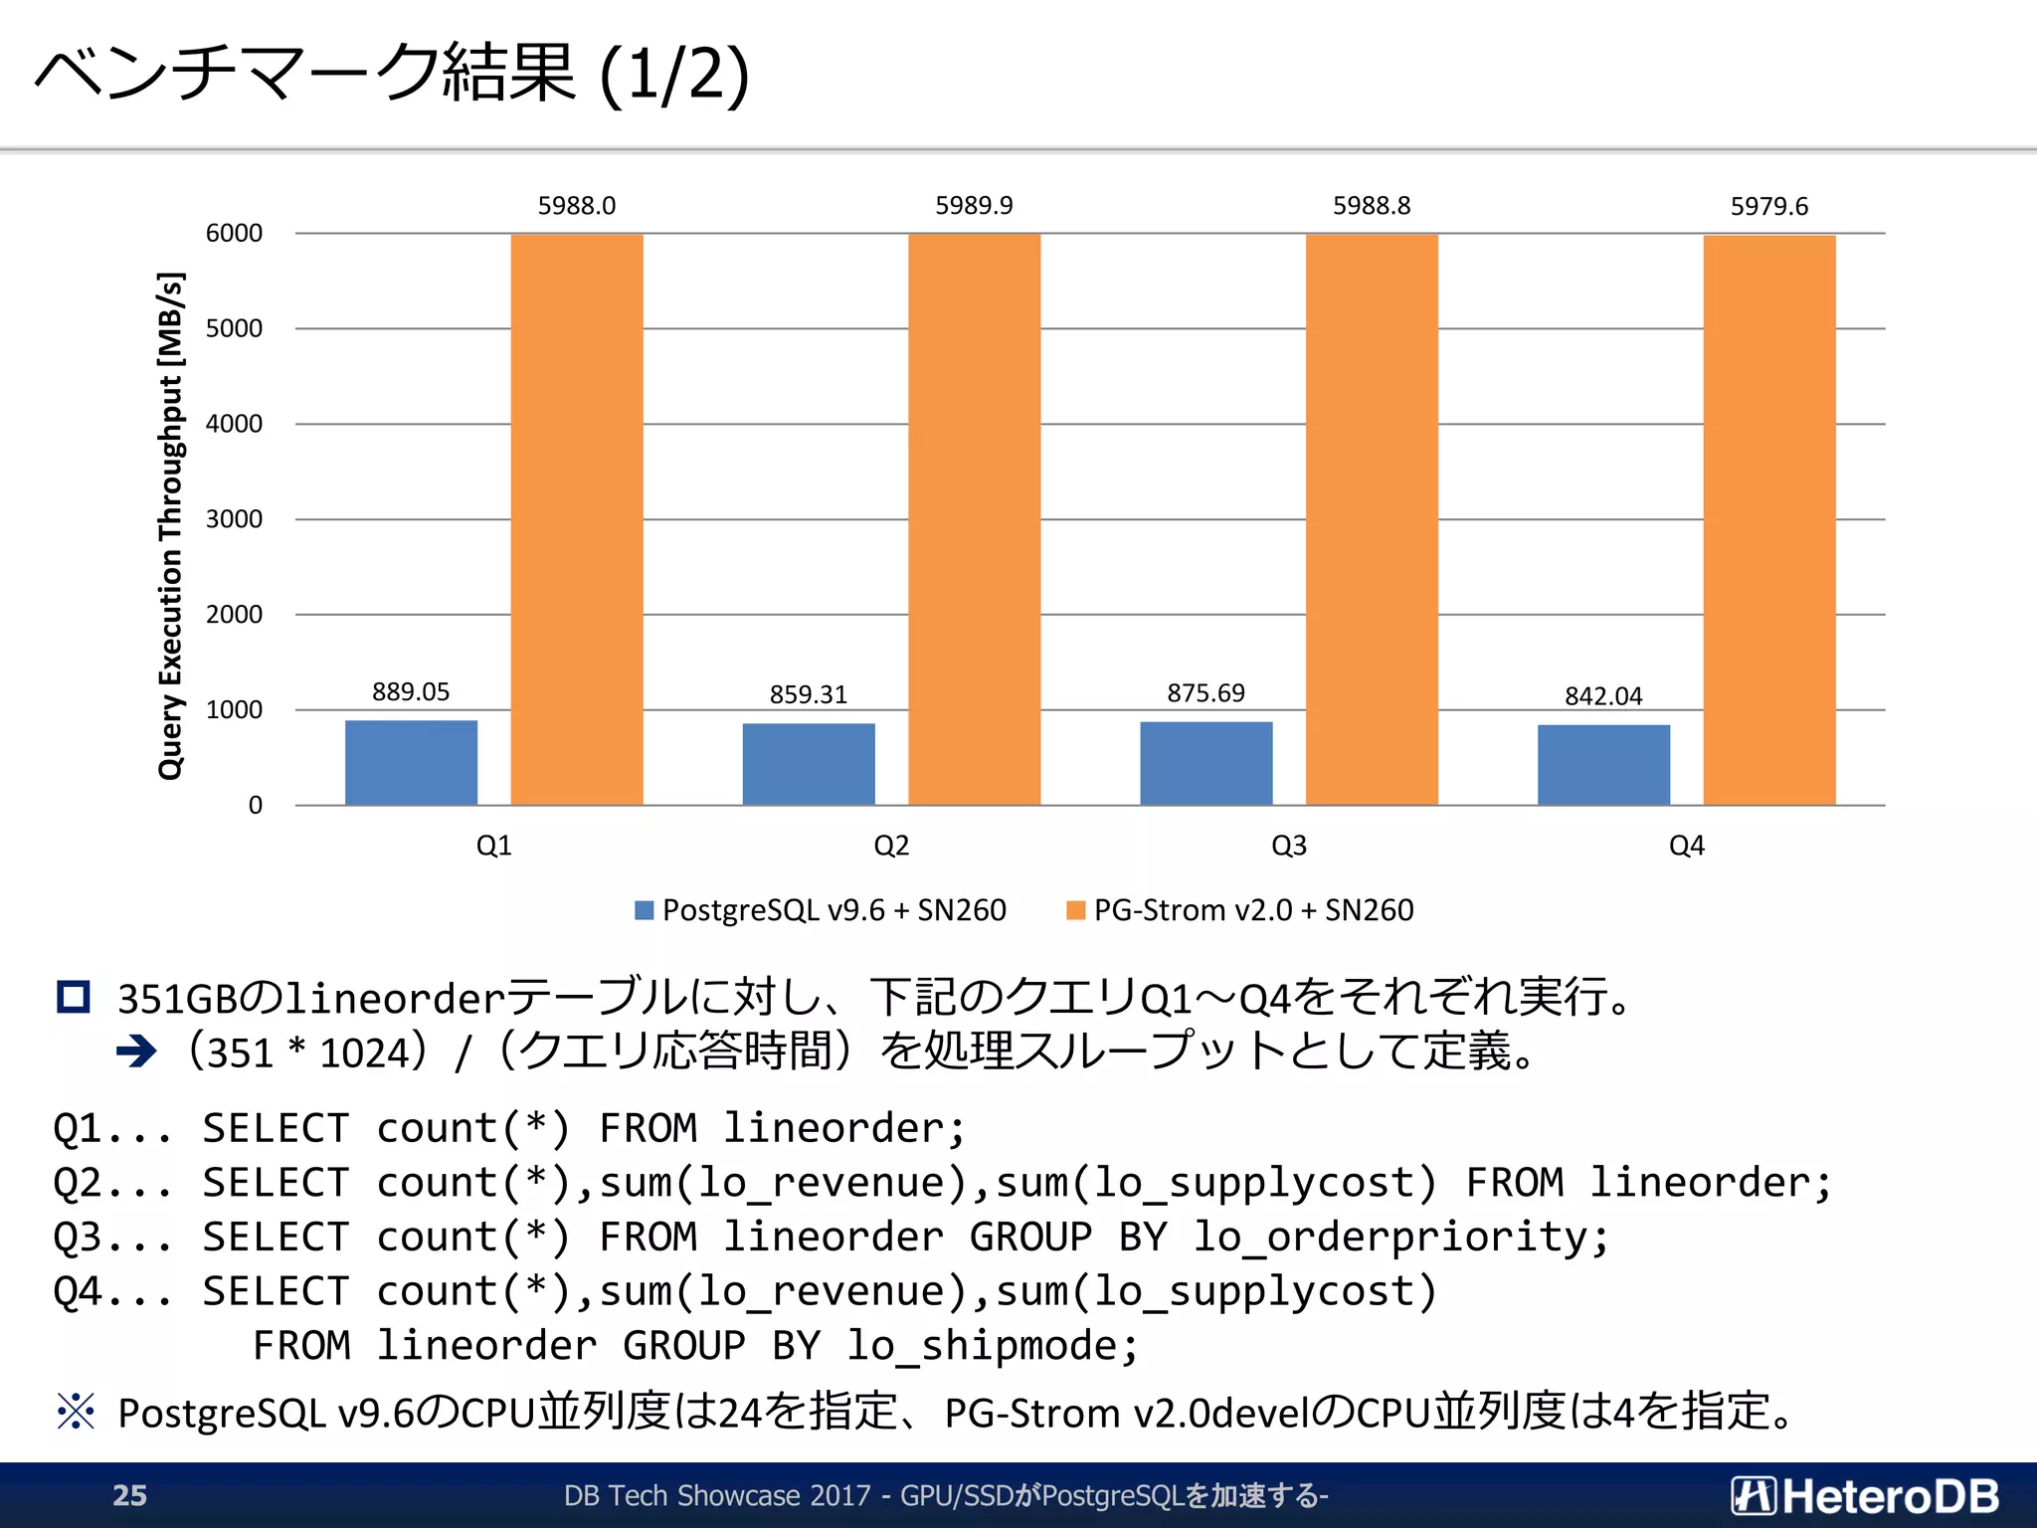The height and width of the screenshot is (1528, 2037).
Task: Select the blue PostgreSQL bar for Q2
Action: (x=809, y=764)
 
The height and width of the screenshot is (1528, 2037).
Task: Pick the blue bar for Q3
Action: (x=1205, y=763)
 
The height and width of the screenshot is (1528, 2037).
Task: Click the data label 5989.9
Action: (x=974, y=206)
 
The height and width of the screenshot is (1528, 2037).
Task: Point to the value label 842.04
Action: (x=1602, y=696)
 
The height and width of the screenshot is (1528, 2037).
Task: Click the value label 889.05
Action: (x=411, y=692)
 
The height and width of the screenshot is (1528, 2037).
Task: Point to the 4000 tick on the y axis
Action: (x=234, y=424)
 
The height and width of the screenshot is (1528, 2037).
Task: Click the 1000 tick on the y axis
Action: (x=234, y=710)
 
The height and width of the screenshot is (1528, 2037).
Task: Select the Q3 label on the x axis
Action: (x=1289, y=846)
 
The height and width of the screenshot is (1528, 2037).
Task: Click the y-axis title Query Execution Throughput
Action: (x=171, y=525)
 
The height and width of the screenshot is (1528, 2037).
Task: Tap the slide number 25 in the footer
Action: (x=129, y=1495)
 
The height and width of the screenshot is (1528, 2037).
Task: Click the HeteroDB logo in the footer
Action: (x=1865, y=1495)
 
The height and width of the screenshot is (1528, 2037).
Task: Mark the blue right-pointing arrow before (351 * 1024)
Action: (x=136, y=1051)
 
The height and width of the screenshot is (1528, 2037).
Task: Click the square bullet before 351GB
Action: (x=74, y=997)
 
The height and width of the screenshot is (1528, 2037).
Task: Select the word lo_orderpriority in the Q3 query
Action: (x=1399, y=1238)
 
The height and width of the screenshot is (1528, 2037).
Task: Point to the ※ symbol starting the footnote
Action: (x=76, y=1412)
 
